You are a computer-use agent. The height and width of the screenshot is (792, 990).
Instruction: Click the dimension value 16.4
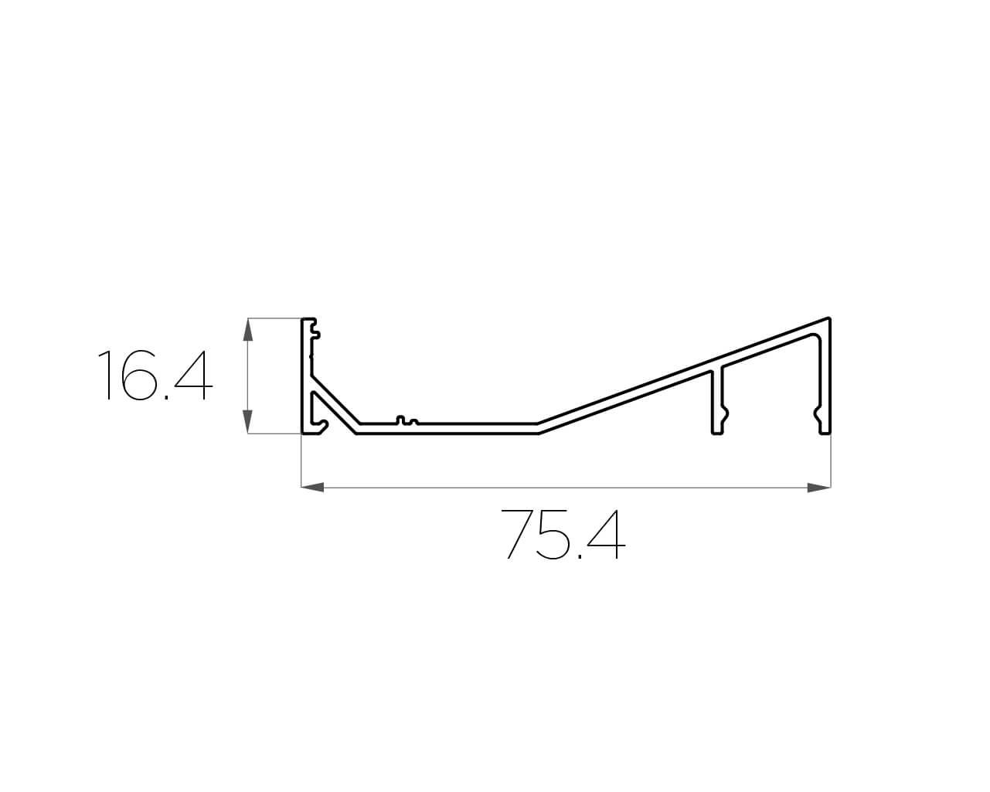coord(155,376)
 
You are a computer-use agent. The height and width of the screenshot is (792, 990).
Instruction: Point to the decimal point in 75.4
coord(580,557)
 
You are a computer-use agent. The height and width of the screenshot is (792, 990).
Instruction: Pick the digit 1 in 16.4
coord(105,376)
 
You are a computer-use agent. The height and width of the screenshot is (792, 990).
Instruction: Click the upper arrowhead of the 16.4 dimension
coord(248,329)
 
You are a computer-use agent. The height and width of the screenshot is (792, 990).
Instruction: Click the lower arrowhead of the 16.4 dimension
coord(248,422)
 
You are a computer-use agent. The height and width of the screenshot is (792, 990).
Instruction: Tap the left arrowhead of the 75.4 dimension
coord(312,488)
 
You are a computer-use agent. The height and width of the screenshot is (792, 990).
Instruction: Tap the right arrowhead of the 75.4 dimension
coord(819,488)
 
